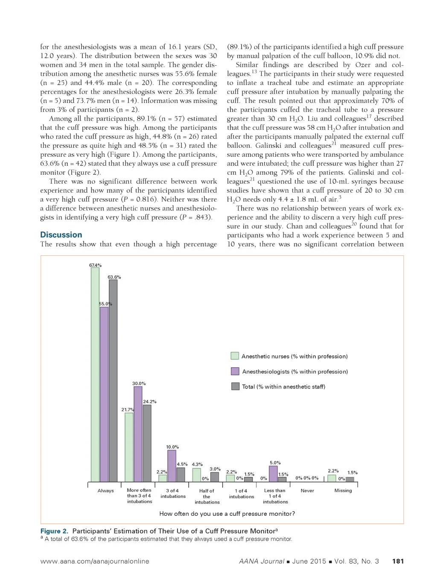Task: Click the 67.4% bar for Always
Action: [95, 374]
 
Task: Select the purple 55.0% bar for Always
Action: [104, 394]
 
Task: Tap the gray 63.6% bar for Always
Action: [113, 380]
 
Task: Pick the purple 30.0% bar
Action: [138, 434]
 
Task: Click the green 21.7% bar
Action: [129, 447]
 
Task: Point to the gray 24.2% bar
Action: [147, 443]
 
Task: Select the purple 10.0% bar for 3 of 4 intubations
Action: [172, 466]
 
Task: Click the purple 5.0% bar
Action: [273, 474]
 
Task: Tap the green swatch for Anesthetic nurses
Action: [235, 356]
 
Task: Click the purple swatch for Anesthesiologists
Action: [235, 371]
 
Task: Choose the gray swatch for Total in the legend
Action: [235, 386]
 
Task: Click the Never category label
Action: [307, 491]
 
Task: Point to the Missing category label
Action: [343, 491]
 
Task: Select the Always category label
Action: [105, 491]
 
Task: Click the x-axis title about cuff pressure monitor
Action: [227, 514]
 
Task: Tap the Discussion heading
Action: [61, 235]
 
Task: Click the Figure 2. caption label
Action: [54, 531]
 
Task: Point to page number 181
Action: [398, 561]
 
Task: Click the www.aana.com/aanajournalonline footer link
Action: [95, 561]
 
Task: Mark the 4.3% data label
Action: [197, 464]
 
